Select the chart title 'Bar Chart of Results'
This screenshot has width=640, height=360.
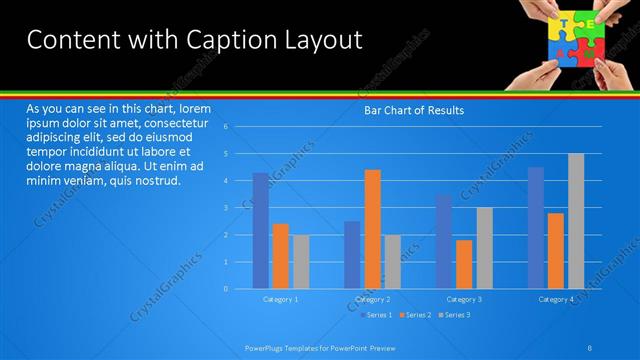click(x=412, y=110)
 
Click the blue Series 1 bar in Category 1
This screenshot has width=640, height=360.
click(x=260, y=230)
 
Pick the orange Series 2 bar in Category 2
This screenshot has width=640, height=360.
click(x=372, y=229)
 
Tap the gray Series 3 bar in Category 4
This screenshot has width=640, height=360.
click(x=576, y=221)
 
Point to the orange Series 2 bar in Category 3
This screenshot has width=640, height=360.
click(x=464, y=264)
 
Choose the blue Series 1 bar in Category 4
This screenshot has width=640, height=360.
click(x=536, y=227)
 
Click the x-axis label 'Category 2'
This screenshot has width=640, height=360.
click(x=372, y=299)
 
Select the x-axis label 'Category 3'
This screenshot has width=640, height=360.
click(x=464, y=299)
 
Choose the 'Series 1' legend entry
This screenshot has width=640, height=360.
click(x=376, y=316)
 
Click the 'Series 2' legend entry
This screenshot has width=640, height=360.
click(x=415, y=316)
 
